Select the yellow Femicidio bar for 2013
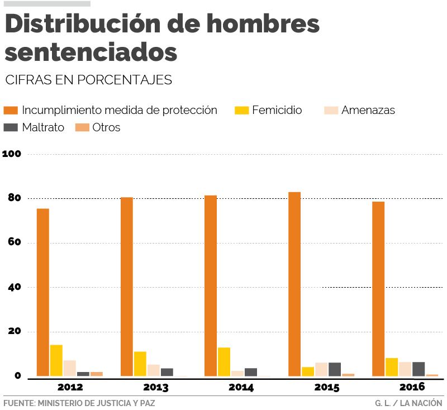140,364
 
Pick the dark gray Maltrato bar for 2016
419,369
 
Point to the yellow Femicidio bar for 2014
224,361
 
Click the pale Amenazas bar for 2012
70,368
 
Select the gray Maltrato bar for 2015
335,369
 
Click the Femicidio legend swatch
241,110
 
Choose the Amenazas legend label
368,110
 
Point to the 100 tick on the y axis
12,154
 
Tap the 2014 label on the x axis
241,387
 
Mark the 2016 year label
412,387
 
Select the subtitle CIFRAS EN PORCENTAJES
88,80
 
